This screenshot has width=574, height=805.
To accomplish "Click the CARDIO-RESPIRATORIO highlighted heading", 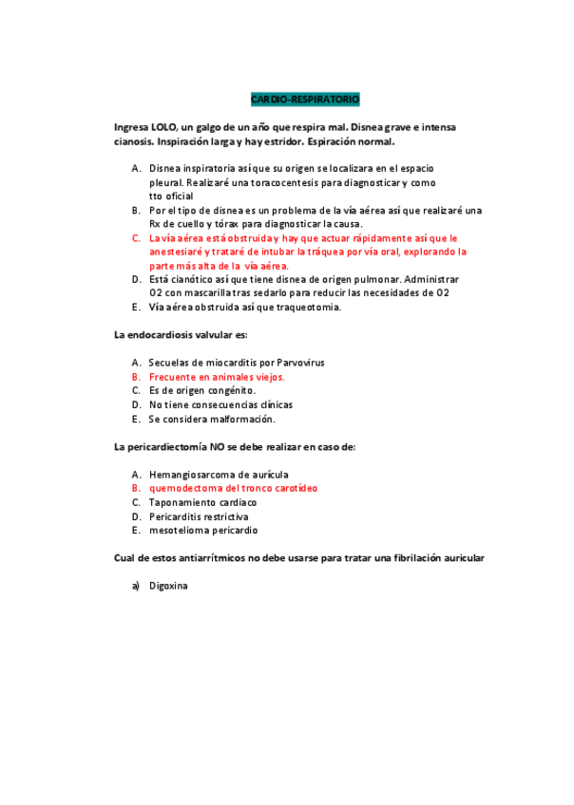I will [305, 99].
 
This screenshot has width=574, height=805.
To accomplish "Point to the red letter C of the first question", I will [136, 238].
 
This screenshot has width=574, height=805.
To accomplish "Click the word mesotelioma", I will [179, 530].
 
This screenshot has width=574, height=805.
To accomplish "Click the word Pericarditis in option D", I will [177, 516].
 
